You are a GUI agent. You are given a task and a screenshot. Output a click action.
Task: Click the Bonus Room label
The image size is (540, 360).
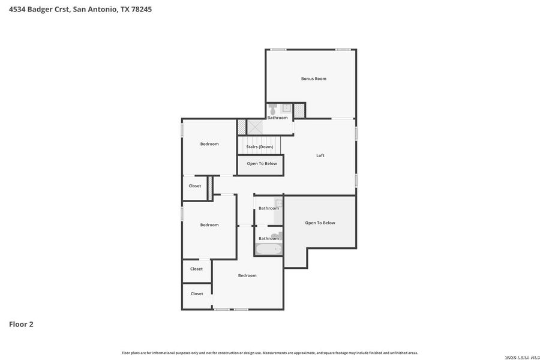point(313,79)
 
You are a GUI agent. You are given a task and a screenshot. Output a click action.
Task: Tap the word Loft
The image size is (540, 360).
point(320,155)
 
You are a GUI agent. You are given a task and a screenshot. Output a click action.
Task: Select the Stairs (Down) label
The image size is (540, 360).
point(259,147)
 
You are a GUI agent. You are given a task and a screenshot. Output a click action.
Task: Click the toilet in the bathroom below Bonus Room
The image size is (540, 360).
point(274,110)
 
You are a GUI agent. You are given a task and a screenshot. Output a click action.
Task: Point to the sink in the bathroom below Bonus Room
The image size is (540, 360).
point(286,109)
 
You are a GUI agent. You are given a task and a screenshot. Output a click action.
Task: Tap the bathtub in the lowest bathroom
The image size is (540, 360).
point(268,249)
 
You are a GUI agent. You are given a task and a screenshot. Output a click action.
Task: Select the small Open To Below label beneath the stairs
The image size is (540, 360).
point(262,164)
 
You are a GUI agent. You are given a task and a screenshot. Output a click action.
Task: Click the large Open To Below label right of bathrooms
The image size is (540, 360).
point(320,223)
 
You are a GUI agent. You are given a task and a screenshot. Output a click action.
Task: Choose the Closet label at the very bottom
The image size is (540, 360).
point(197,294)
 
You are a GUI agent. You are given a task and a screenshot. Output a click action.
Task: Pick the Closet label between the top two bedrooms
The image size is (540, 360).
point(195,186)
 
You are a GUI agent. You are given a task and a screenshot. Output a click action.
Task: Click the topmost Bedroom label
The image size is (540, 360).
point(209,144)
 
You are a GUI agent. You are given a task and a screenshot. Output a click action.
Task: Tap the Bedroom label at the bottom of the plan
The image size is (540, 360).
point(247,275)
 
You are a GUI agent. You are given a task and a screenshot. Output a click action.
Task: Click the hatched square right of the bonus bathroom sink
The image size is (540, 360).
point(299,110)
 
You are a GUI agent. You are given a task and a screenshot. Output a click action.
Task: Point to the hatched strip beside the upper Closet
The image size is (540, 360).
point(210,188)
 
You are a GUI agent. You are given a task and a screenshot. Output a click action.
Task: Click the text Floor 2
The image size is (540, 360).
point(21,324)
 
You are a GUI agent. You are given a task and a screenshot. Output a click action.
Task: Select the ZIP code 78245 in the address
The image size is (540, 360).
point(139,9)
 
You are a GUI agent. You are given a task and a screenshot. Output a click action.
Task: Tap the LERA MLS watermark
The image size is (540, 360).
point(523,357)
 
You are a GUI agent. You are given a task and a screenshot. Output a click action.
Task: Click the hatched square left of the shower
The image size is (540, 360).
point(241,127)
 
